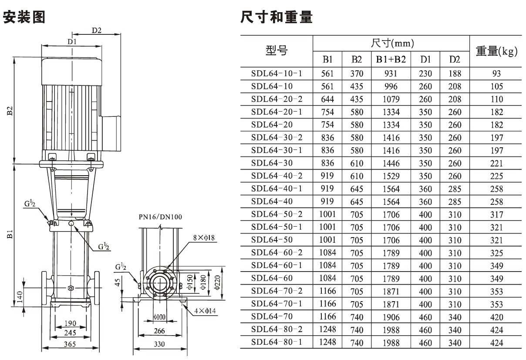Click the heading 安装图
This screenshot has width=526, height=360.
(x=24, y=17)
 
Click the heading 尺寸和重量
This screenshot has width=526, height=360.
(x=276, y=17)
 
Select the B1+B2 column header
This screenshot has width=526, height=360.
(x=391, y=59)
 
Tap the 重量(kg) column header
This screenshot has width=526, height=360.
(x=497, y=51)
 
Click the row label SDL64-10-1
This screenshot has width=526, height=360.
(x=276, y=74)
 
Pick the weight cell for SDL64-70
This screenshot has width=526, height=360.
(x=497, y=317)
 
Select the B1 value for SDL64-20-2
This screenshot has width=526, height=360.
(x=327, y=99)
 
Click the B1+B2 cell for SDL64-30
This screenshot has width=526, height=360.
(x=391, y=163)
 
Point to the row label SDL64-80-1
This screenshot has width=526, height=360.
(x=276, y=342)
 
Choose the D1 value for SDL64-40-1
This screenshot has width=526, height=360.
(x=425, y=189)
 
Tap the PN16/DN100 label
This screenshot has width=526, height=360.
(x=160, y=217)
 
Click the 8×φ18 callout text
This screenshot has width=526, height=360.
(x=204, y=238)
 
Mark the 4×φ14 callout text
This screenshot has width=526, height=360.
(x=205, y=311)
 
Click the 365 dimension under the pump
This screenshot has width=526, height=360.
(x=70, y=344)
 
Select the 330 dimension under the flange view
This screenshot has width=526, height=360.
(x=159, y=344)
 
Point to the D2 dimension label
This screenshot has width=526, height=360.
(x=97, y=31)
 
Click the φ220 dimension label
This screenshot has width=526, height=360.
(x=217, y=282)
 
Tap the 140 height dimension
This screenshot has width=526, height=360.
(x=20, y=297)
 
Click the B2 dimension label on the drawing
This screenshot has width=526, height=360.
(x=10, y=111)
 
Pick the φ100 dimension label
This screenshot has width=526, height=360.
(x=159, y=317)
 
